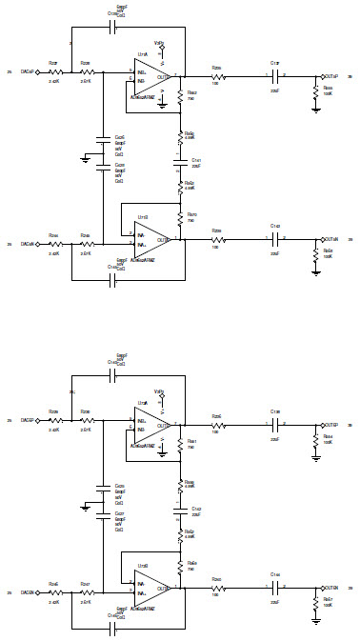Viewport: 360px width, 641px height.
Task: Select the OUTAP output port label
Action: click(x=332, y=75)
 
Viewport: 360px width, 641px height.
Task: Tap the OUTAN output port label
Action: click(x=332, y=239)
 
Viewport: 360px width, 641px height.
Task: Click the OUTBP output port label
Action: click(x=332, y=424)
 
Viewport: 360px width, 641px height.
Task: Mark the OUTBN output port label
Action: click(x=332, y=588)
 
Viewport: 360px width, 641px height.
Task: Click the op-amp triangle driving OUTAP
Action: click(x=149, y=76)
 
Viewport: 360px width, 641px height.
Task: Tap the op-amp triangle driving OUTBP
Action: click(x=149, y=425)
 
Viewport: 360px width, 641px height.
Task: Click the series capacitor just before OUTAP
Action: click(x=274, y=75)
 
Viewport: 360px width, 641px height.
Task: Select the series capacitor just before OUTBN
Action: click(x=274, y=588)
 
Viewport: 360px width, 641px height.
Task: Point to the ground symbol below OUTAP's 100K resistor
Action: click(x=315, y=110)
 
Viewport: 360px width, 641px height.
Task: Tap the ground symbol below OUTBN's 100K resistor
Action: click(x=315, y=622)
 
